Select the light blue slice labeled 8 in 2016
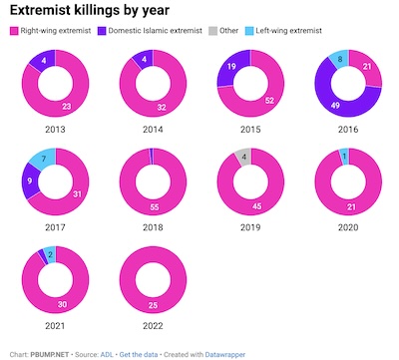click(x=341, y=60)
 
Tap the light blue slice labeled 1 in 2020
click(x=344, y=156)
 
